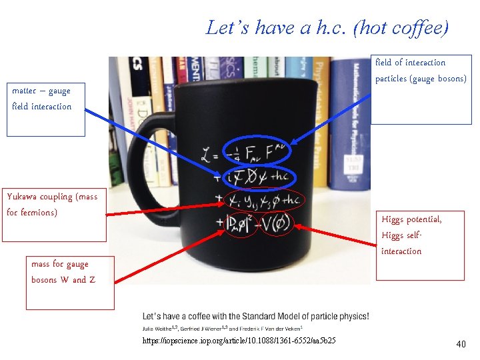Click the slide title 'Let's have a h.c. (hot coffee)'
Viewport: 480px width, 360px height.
pos(327,28)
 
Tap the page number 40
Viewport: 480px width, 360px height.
pos(460,344)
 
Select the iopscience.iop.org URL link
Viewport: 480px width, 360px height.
pos(239,341)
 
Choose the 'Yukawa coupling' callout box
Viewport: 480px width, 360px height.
pos(55,214)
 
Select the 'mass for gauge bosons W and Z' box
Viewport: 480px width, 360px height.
pos(69,282)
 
